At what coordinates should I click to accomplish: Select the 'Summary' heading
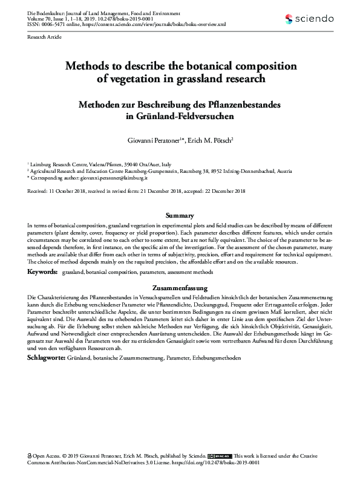(180, 216)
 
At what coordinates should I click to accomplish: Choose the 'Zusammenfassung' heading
(180, 288)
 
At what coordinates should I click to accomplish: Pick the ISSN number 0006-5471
(56, 25)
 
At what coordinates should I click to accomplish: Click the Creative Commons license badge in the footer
(218, 456)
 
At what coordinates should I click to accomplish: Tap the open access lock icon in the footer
(31, 456)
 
